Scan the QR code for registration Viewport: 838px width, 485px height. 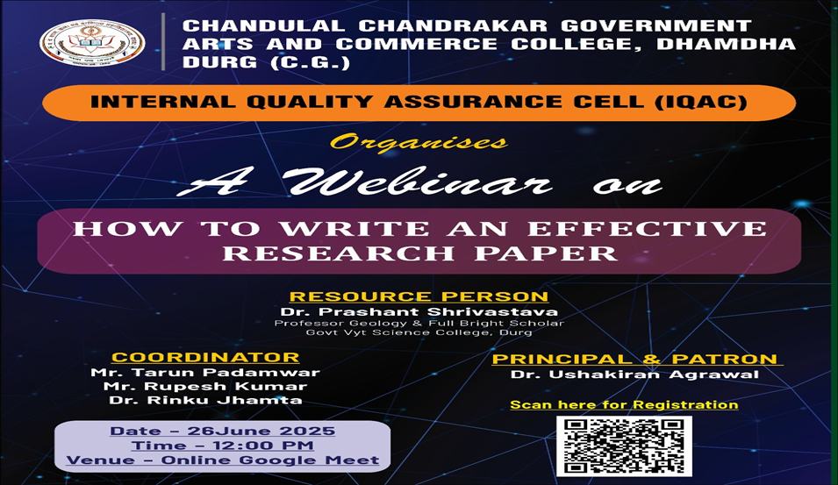[x=624, y=446]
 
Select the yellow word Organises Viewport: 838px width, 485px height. [x=419, y=142]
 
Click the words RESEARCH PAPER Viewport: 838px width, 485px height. [x=419, y=253]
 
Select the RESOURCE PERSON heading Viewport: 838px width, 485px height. [x=419, y=296]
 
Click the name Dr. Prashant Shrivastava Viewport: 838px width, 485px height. [x=419, y=312]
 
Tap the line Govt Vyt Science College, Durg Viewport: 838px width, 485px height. [x=419, y=332]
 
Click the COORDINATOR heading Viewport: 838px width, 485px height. [x=204, y=357]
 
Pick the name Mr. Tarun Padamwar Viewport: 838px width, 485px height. [x=205, y=372]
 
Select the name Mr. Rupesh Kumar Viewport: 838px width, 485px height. [x=205, y=386]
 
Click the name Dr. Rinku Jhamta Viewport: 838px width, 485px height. [x=205, y=400]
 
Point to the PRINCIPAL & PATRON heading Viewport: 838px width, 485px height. [x=634, y=359]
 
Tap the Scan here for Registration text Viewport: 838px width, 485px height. [x=624, y=404]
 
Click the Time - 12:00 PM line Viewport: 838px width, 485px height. [x=222, y=446]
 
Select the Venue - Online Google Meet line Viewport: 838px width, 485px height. [x=222, y=460]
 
